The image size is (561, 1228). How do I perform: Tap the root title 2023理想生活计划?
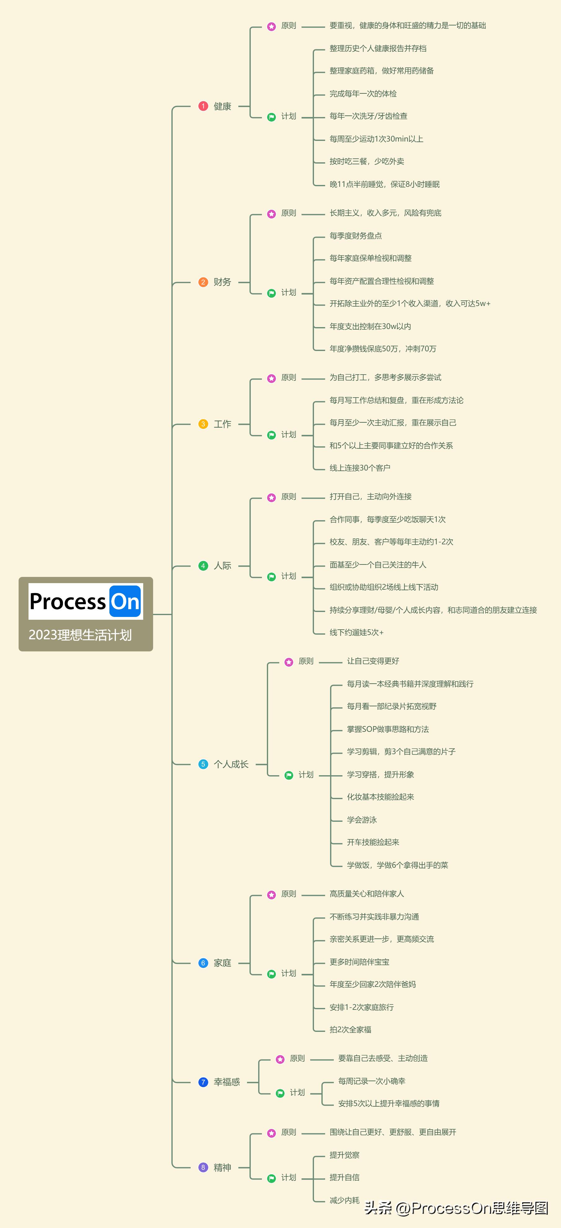(80, 635)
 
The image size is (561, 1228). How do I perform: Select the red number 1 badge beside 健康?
(203, 106)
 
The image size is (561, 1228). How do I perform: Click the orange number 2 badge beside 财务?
(203, 282)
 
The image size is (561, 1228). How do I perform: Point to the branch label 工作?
(223, 424)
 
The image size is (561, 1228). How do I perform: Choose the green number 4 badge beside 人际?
(203, 566)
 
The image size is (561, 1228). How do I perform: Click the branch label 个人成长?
(231, 764)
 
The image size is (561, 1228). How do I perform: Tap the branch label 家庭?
(223, 963)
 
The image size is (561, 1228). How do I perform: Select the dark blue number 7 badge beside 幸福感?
(203, 1082)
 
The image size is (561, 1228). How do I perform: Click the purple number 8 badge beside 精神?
(203, 1167)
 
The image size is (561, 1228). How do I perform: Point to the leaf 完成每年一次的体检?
(363, 93)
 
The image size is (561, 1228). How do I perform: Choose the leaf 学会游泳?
(362, 820)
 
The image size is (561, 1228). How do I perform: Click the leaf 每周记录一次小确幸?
(371, 1081)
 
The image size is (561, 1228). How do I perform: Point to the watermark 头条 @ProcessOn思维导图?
(456, 1208)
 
